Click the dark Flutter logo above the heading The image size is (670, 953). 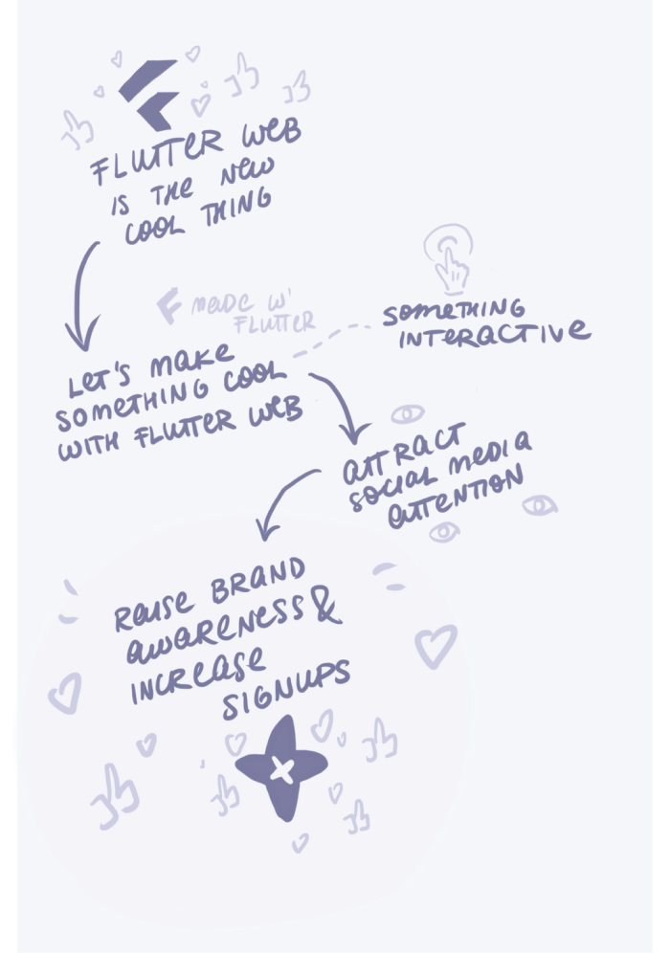coord(149,94)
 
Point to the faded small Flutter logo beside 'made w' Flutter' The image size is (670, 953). coord(170,305)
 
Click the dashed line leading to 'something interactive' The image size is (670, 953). coord(335,340)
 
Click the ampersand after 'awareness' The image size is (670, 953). coord(326,609)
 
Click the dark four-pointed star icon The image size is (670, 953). coord(279,767)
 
